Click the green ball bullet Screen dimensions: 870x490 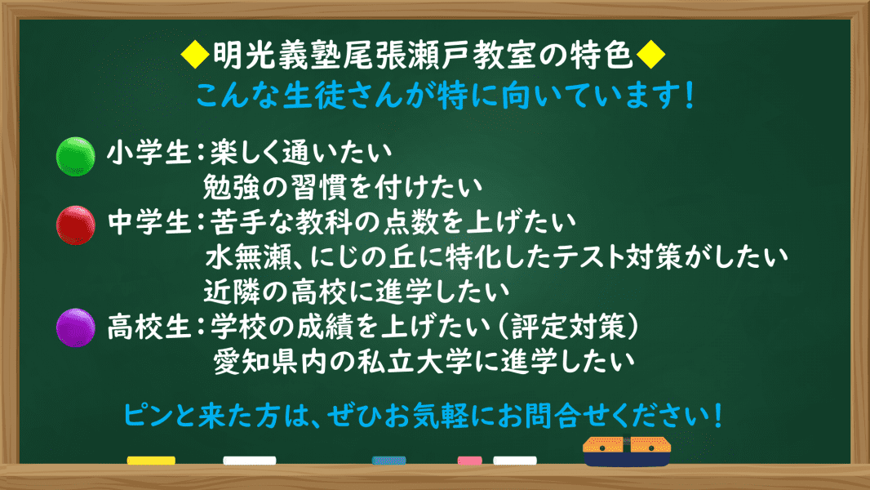tap(75, 157)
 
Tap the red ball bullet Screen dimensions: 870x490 tap(75, 225)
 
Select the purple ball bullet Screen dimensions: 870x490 tap(75, 327)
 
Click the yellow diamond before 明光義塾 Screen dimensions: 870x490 tap(195, 55)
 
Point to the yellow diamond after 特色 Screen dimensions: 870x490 tap(650, 55)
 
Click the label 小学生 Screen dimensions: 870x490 tap(149, 152)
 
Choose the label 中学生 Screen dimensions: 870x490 tap(149, 222)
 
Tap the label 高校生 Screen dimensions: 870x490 tap(149, 327)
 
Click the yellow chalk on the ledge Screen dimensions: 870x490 tap(151, 461)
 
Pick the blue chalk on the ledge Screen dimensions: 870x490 tap(389, 461)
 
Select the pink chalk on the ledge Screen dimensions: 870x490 tap(469, 461)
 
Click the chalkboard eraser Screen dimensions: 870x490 tap(627, 451)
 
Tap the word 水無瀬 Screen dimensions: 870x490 tap(249, 257)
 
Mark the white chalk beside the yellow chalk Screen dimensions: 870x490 tap(250, 461)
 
